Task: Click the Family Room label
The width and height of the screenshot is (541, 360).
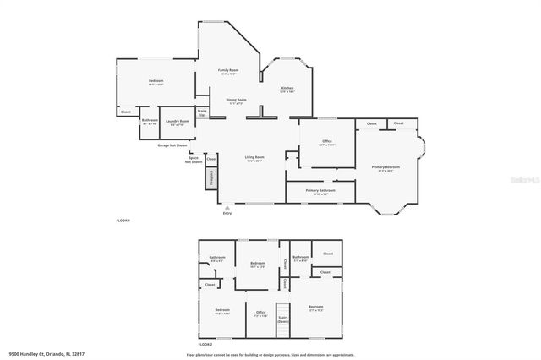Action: [x=228, y=70]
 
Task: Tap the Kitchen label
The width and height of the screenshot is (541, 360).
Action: [x=287, y=89]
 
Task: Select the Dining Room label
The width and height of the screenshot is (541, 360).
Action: [x=236, y=100]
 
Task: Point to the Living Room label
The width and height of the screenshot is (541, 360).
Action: [x=255, y=157]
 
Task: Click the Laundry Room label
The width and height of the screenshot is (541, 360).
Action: [x=178, y=122]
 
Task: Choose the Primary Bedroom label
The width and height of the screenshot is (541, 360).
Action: [x=386, y=167]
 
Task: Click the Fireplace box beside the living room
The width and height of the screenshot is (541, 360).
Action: [x=212, y=177]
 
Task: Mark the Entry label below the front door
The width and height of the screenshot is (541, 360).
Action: [x=227, y=213]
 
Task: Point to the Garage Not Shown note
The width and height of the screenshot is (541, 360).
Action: [x=173, y=145]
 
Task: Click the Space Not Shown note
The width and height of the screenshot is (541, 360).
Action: [x=194, y=159]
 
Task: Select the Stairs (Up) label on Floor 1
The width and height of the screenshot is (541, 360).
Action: [x=202, y=112]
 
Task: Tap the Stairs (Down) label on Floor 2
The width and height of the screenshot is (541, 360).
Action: [x=282, y=319]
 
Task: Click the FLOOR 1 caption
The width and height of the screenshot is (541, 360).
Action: [x=123, y=220]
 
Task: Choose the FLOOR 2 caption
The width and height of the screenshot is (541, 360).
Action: [x=205, y=345]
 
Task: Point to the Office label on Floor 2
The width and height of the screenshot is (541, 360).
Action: [x=261, y=313]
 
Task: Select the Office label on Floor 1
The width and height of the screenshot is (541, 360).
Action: [x=326, y=142]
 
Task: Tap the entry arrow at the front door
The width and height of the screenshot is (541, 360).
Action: [x=227, y=205]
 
